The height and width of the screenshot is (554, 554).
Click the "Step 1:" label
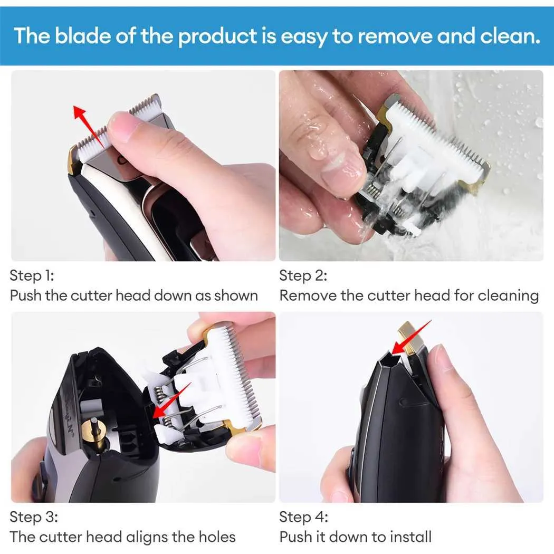pyautogui.click(x=32, y=275)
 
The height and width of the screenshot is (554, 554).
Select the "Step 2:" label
pyautogui.click(x=303, y=275)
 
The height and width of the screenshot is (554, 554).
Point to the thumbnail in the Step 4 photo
pyautogui.click(x=443, y=364)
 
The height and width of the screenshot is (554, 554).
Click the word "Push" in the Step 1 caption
pyautogui.click(x=25, y=295)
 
